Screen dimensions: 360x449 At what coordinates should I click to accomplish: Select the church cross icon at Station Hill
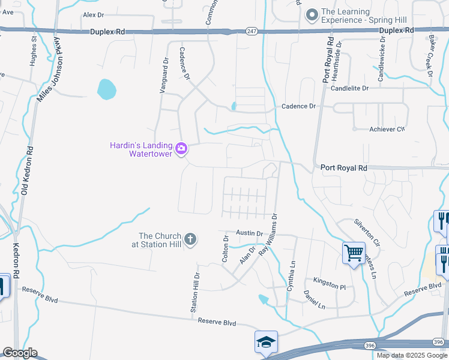(x=190, y=240)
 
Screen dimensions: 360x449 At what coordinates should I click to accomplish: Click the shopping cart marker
(x=354, y=253)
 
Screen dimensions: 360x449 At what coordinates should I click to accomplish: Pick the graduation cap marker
(x=266, y=341)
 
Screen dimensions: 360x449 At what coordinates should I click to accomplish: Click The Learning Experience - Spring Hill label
(x=357, y=15)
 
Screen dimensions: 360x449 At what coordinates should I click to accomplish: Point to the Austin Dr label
(x=249, y=233)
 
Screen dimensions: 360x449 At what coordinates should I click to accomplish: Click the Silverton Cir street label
(x=367, y=233)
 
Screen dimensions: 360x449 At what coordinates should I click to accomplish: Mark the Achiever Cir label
(x=387, y=129)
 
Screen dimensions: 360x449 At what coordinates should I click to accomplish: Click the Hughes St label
(x=34, y=52)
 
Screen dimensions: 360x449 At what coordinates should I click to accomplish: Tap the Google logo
(x=20, y=353)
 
